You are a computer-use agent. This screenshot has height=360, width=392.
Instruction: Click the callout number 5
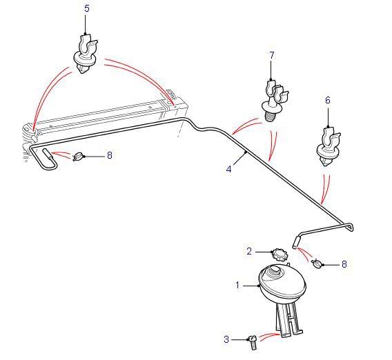point(87,8)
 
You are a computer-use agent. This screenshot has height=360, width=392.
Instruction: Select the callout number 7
point(272,55)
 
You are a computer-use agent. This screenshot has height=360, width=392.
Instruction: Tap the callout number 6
point(328,101)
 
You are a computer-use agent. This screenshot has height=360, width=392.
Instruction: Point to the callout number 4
point(228,169)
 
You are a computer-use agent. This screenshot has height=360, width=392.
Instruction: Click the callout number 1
point(237,285)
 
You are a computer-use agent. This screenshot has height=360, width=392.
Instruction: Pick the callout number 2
point(249,251)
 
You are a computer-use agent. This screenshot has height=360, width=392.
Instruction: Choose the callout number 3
point(226,339)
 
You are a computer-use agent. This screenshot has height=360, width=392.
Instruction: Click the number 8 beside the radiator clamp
point(110,155)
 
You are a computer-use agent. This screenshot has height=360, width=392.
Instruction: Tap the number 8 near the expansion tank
point(344,264)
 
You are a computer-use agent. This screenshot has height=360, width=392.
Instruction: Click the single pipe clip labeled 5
point(86,54)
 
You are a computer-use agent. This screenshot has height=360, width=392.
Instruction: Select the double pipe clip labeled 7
point(274,100)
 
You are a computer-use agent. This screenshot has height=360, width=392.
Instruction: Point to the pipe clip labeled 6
point(328,146)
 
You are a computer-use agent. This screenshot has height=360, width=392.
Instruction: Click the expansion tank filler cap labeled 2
point(280,255)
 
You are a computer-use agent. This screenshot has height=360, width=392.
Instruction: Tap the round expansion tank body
point(282,283)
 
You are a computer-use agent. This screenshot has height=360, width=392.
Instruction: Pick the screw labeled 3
point(253,343)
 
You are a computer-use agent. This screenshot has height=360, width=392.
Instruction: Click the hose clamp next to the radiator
point(77,157)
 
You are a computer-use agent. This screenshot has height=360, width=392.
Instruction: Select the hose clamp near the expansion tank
point(317,263)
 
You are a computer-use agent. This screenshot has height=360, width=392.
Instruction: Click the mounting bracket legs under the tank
point(289,320)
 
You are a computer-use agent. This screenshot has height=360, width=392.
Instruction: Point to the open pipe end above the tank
point(295,247)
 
